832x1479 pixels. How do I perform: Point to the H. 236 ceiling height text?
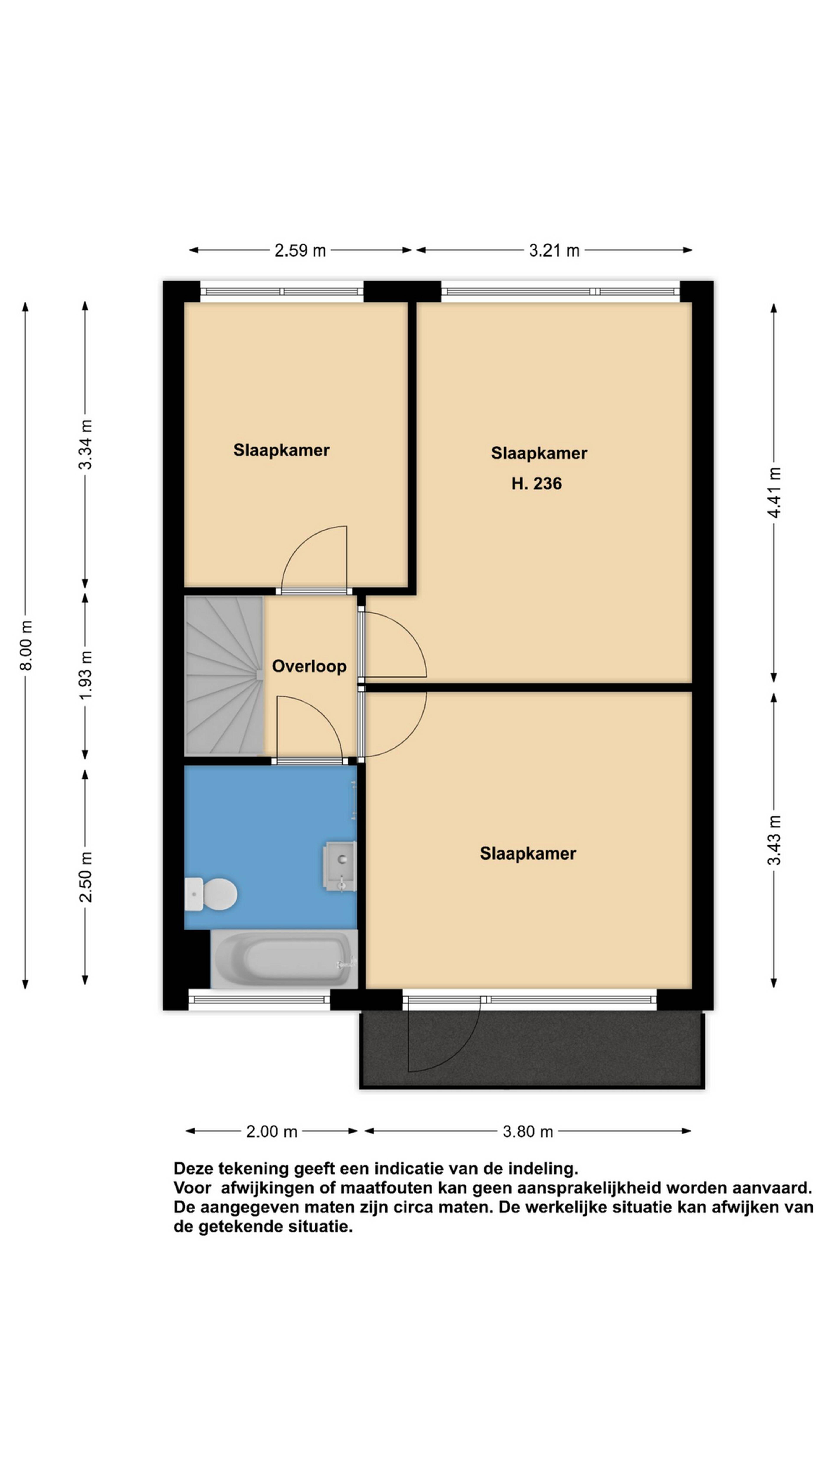click(536, 483)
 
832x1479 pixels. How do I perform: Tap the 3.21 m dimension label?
click(554, 250)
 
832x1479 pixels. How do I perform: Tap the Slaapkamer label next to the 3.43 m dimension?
click(528, 854)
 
